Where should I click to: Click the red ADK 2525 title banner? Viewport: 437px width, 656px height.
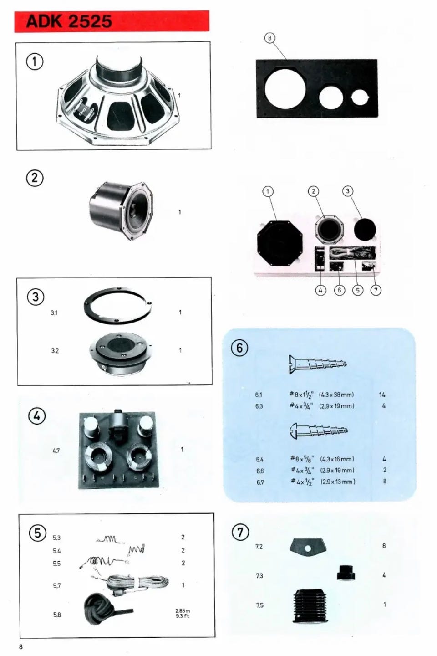(112, 21)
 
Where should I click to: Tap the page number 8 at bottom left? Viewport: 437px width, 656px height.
(20, 647)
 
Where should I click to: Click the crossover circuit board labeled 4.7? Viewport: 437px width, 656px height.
(119, 450)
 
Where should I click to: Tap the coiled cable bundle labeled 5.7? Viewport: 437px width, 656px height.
(137, 584)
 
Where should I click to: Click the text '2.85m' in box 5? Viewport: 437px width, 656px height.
(183, 611)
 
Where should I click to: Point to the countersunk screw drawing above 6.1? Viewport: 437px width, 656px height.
(318, 364)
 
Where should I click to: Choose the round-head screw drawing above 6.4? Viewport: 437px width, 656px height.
(318, 430)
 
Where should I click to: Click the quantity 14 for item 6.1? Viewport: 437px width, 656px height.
(382, 395)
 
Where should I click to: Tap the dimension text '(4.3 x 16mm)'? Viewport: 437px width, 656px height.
(337, 459)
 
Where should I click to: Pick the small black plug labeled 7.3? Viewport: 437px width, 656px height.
(346, 573)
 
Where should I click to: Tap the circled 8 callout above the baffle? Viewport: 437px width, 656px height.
(269, 38)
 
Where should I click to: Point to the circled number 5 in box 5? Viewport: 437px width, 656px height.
(38, 533)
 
